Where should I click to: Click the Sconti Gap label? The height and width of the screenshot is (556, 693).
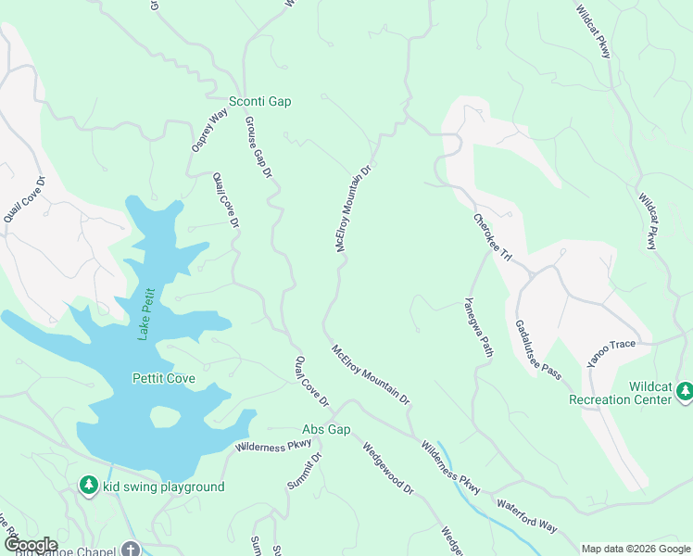pos(259,101)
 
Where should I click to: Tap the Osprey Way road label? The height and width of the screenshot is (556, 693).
pos(208,131)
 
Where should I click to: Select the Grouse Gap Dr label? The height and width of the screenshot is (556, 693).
pos(258,146)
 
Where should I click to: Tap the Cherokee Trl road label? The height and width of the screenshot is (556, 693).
pos(492,236)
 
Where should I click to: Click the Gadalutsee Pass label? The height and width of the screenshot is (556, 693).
pos(538,349)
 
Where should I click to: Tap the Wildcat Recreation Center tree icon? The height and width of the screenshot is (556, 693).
pos(685,392)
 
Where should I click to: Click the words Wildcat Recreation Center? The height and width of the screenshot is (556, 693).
pos(623,393)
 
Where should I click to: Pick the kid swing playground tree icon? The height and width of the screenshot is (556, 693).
pos(88,485)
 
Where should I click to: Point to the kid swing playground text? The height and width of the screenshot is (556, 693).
pos(163,486)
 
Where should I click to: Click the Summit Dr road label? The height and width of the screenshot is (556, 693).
pos(303,471)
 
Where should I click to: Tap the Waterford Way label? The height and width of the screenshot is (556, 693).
pos(526,515)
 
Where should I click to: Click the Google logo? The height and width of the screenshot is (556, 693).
pos(30,545)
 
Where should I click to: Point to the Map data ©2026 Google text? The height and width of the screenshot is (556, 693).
pos(635,549)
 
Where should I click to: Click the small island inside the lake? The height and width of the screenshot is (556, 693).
pos(164,418)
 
